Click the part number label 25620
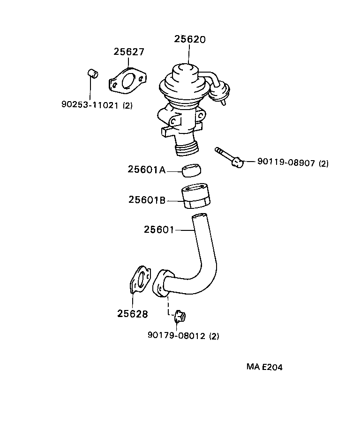[x=189, y=39]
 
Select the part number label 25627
[x=128, y=52]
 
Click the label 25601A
[x=146, y=170]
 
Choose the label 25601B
[x=147, y=200]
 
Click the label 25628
[x=133, y=314]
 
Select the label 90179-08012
[x=177, y=336]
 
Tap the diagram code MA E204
[x=264, y=367]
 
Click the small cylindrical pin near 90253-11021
[x=93, y=74]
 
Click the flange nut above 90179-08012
[x=179, y=317]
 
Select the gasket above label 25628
[x=140, y=281]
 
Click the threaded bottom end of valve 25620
[x=187, y=150]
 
